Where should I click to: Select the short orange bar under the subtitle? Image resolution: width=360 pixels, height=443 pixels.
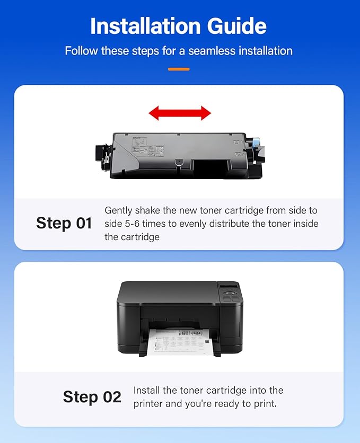tap(179, 69)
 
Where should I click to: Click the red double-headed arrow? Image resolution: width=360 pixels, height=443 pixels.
tap(180, 112)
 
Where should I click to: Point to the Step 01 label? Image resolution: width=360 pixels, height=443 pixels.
tap(64, 223)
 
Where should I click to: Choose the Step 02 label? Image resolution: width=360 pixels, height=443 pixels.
tap(92, 396)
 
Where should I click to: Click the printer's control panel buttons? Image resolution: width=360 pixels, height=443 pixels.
tap(231, 297)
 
